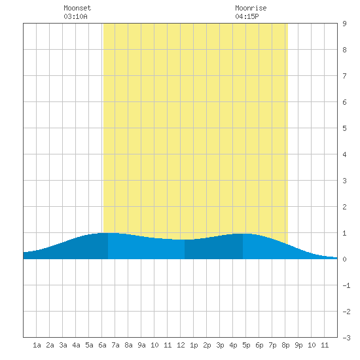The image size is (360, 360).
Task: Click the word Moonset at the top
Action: tap(77, 8)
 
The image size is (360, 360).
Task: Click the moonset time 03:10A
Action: tap(75, 16)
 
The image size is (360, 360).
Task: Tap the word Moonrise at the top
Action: tap(251, 8)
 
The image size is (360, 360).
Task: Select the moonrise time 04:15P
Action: tap(247, 16)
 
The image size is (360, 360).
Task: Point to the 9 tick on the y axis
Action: tap(344, 24)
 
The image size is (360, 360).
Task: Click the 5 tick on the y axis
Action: tap(344, 128)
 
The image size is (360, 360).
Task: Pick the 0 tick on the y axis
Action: tap(344, 259)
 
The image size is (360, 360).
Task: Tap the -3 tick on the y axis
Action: tap(346, 338)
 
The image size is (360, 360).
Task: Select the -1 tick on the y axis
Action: tap(346, 285)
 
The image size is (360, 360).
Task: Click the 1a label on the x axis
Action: tap(37, 345)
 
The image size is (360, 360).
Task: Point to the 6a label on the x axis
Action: tap(102, 345)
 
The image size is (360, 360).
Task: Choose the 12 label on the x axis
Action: tap(181, 345)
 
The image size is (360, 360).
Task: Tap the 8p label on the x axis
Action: tap(285, 345)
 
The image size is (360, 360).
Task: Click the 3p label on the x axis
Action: tap(220, 345)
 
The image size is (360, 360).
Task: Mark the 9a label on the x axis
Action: tap(141, 345)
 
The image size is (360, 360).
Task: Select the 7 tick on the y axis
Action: tap(344, 76)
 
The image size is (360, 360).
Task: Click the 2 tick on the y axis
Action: tap(344, 207)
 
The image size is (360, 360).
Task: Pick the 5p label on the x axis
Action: tap(246, 345)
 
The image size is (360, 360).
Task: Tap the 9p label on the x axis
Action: tap(298, 345)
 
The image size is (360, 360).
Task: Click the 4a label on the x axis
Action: tap(76, 345)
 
